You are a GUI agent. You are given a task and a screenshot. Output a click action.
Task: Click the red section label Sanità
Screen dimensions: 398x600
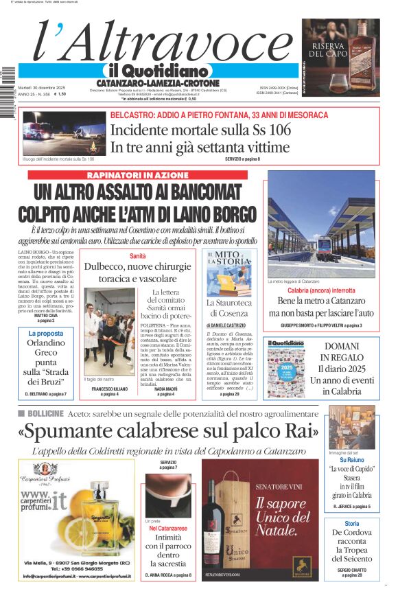(138, 256)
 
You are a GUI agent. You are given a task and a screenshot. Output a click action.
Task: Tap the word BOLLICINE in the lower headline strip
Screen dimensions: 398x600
(47, 414)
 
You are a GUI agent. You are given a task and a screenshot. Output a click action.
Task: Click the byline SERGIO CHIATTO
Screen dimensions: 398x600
(351, 569)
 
